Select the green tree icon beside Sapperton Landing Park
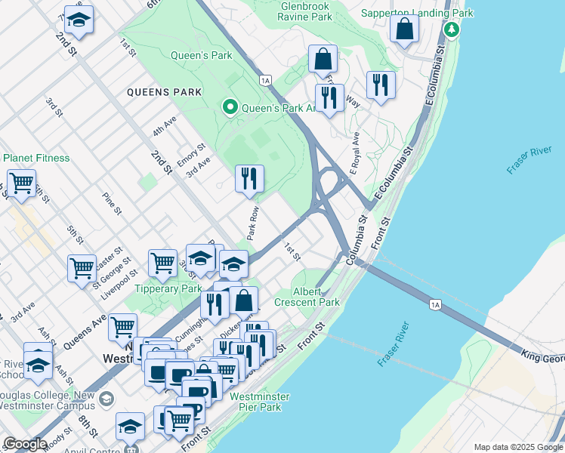tap(452, 30)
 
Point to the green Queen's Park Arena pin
tap(230, 108)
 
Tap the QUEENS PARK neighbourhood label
tap(164, 92)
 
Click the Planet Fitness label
tap(36, 158)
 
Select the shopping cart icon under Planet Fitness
tap(22, 183)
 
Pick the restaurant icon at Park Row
tap(249, 179)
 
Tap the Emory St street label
tap(191, 157)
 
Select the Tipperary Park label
tap(168, 288)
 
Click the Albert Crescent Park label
tap(317, 296)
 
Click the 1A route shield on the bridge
tap(434, 304)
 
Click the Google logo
tap(26, 444)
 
